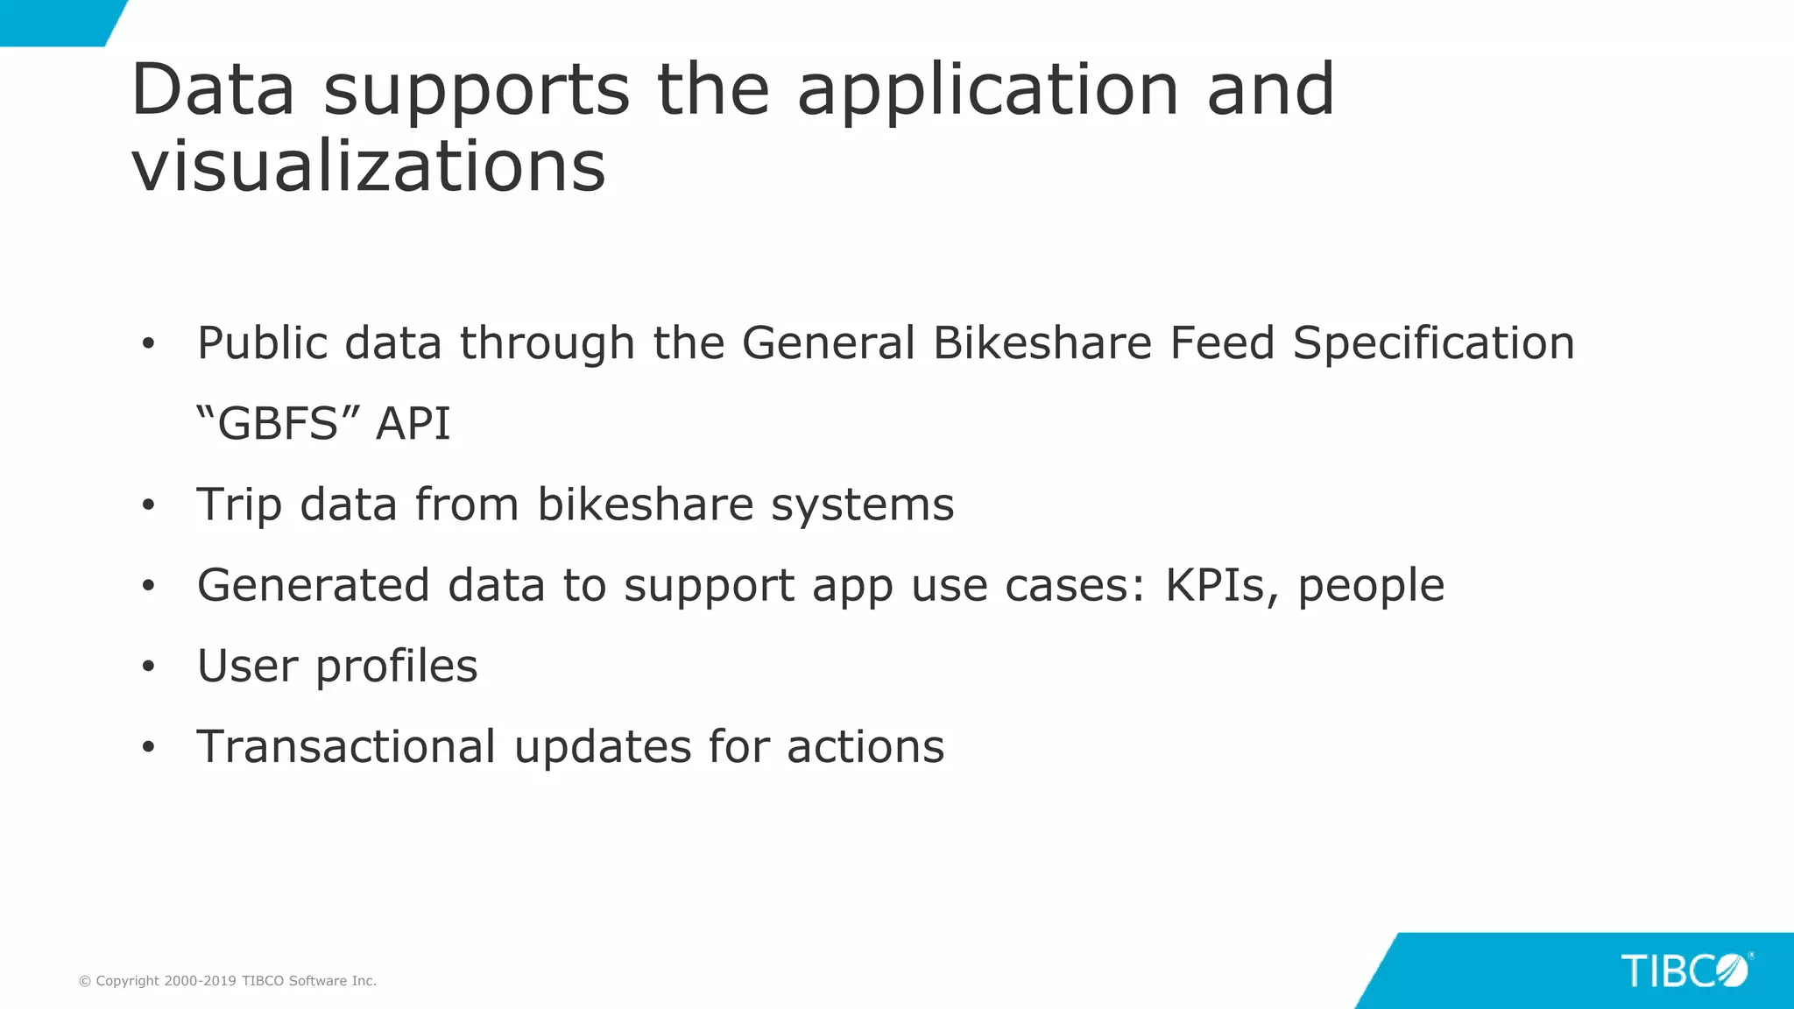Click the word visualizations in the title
pos(368,166)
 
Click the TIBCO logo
pos(1685,971)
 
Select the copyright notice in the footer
pos(228,981)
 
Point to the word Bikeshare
pos(1042,342)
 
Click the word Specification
pos(1434,342)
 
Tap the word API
pos(413,424)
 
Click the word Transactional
pos(346,746)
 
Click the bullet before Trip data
pos(148,505)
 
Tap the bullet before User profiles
pos(148,667)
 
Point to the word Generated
pos(313,585)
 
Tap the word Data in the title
pos(213,90)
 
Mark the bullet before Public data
pos(148,344)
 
